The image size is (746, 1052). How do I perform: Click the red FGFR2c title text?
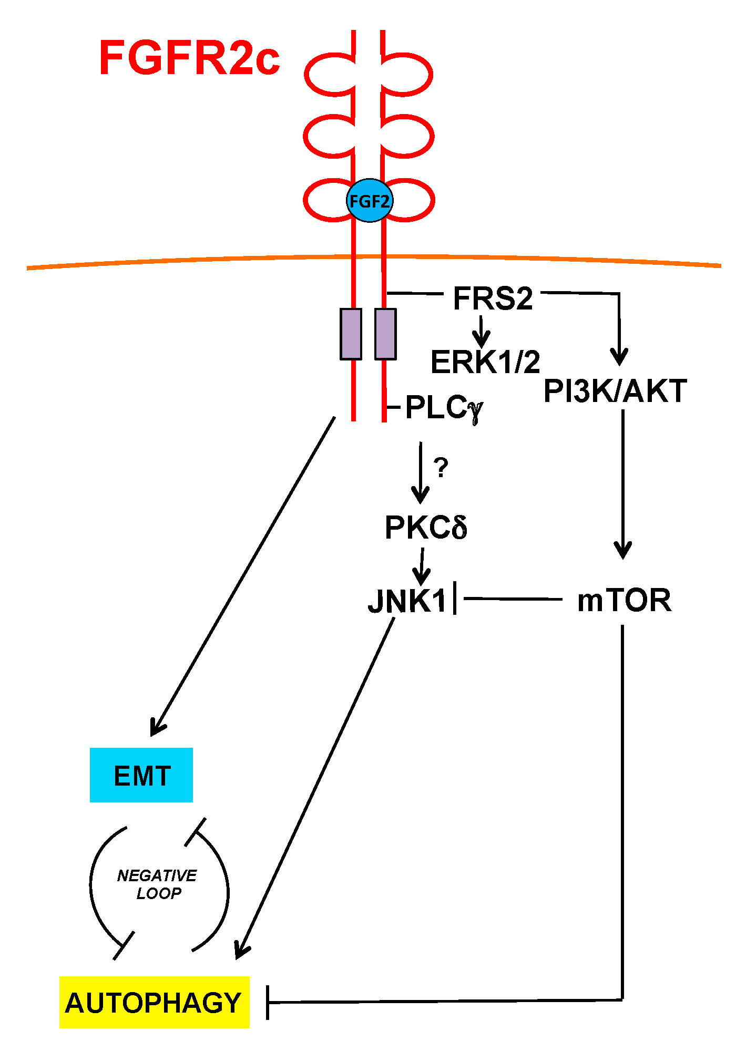click(189, 57)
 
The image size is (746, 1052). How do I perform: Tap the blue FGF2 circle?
click(370, 201)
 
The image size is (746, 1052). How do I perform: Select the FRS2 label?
click(493, 298)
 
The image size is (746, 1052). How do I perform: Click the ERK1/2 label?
click(485, 362)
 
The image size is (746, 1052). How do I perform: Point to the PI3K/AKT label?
click(615, 391)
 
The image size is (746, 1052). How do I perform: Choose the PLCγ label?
click(444, 408)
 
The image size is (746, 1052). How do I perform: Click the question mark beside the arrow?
click(441, 467)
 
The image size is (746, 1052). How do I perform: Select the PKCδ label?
click(426, 528)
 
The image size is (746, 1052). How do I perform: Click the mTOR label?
click(624, 600)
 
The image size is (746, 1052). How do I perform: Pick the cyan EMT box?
click(141, 775)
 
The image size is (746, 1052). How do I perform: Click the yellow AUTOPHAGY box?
click(154, 1002)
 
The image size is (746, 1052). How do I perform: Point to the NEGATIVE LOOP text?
click(157, 884)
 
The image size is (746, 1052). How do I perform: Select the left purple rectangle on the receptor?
click(351, 334)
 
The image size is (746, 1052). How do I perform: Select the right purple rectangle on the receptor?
click(385, 334)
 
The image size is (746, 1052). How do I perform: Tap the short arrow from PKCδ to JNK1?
click(422, 566)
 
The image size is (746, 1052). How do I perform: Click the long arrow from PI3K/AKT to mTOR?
click(623, 483)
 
